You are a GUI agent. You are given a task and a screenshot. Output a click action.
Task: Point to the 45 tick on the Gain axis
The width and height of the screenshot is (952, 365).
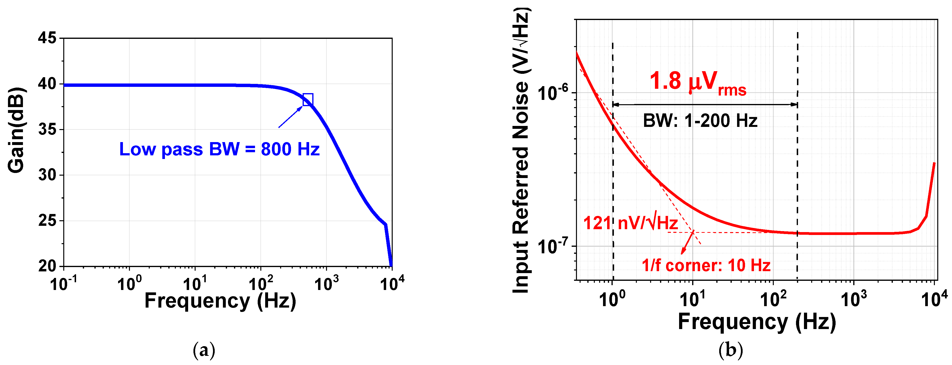(47, 38)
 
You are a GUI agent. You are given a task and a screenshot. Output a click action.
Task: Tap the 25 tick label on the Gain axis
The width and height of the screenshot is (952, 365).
(47, 221)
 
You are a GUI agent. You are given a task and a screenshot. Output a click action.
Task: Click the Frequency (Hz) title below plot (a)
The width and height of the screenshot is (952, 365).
(220, 301)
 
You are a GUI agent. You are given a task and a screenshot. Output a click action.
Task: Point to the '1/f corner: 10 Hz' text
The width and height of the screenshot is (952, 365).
(706, 266)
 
